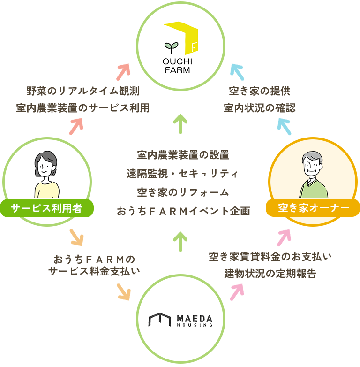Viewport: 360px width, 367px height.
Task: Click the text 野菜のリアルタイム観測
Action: pos(82,91)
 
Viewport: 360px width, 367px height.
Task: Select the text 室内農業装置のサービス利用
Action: pos(82,107)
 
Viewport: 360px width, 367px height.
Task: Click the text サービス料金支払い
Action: pos(94,272)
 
